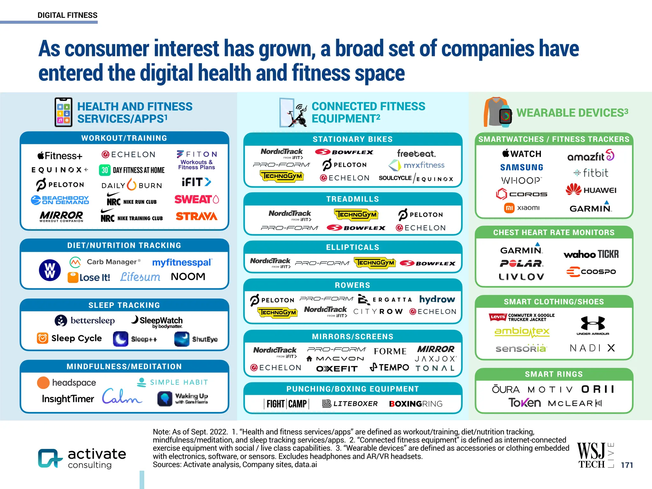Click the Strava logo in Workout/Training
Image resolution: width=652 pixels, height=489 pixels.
point(196,216)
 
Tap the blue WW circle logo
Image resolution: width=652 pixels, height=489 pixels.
point(50,270)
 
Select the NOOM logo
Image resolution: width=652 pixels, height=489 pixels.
point(188,277)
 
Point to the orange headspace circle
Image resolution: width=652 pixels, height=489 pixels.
point(43,383)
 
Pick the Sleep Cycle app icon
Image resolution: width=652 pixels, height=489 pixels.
point(42,338)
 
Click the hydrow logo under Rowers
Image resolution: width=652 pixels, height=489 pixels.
point(437,299)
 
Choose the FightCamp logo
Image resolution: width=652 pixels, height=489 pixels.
point(287,404)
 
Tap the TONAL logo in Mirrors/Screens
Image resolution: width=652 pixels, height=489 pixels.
point(435,368)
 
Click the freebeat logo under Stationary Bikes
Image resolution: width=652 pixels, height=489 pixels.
point(416,154)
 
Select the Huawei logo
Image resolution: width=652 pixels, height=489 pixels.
point(591,190)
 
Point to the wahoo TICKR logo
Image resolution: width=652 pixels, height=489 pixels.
point(591,254)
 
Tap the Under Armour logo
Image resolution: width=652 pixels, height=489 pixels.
point(592,325)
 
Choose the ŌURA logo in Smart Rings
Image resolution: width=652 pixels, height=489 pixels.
point(506,389)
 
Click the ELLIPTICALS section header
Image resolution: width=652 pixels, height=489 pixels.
point(352,247)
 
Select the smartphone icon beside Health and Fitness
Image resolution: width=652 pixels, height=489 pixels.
point(63,112)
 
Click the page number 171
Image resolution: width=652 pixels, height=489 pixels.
point(627,465)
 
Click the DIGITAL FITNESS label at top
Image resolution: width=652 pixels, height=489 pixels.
point(67,15)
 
